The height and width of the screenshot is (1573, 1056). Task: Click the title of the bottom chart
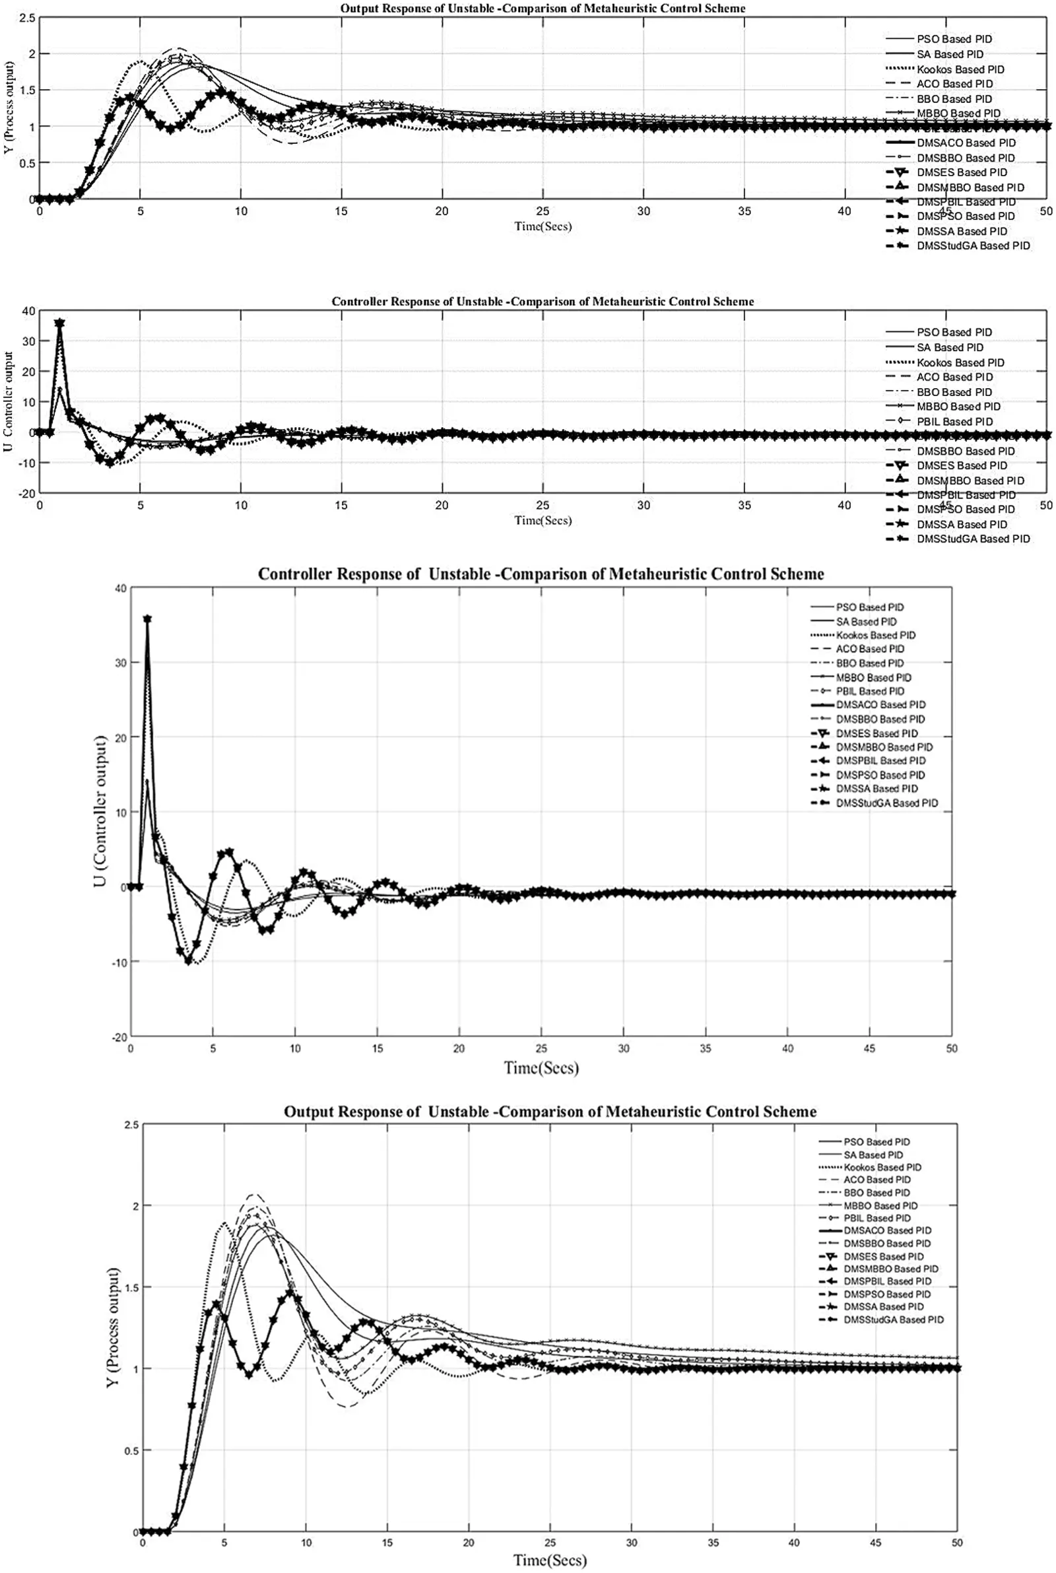pyautogui.click(x=550, y=1112)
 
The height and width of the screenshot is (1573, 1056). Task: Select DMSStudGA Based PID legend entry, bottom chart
pyautogui.click(x=893, y=1320)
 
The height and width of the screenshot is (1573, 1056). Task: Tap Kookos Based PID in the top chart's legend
pyautogui.click(x=960, y=69)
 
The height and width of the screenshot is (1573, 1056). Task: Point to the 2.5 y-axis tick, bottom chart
pyautogui.click(x=132, y=1125)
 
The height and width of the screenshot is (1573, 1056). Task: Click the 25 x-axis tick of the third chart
pyautogui.click(x=541, y=1048)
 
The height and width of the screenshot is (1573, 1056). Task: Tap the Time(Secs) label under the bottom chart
pyautogui.click(x=550, y=1560)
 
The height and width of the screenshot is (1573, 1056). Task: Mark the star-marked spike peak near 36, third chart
pyautogui.click(x=147, y=619)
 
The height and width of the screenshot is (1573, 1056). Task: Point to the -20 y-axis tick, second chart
pyautogui.click(x=28, y=494)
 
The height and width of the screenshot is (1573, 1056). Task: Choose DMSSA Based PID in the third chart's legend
pyautogui.click(x=876, y=789)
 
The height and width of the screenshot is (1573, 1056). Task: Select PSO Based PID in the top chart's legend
pyautogui.click(x=954, y=39)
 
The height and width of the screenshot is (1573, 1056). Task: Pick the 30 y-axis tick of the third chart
pyautogui.click(x=121, y=663)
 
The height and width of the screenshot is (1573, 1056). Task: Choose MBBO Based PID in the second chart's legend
pyautogui.click(x=958, y=407)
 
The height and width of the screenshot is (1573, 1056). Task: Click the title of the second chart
pyautogui.click(x=542, y=302)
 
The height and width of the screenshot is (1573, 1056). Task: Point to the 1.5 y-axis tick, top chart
pyautogui.click(x=27, y=90)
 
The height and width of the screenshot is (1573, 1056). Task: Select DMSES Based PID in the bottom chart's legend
pyautogui.click(x=883, y=1257)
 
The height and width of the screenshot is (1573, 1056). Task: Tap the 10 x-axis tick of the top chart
pyautogui.click(x=241, y=211)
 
